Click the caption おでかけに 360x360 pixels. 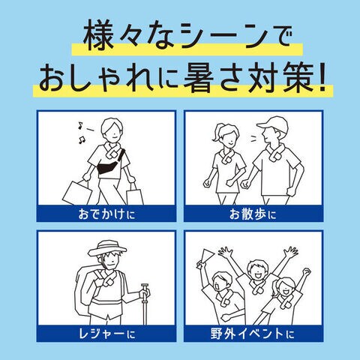point(106,214)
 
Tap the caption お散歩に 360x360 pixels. point(253,214)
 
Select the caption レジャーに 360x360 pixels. point(106,334)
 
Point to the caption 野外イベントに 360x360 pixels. point(253,334)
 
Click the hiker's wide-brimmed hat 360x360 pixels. point(107,247)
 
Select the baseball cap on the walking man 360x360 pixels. point(273,124)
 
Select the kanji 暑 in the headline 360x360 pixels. point(199,77)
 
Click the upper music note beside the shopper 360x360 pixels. point(80,125)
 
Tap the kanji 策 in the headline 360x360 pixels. point(297,77)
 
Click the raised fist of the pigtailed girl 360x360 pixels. point(306,272)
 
